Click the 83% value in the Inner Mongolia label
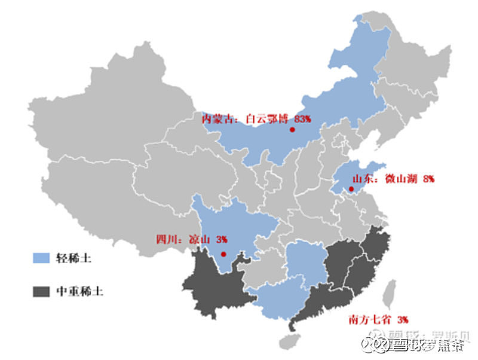[303, 119]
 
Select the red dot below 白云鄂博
[292, 130]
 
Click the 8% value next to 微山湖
[428, 179]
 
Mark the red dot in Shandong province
[351, 190]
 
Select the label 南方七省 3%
[378, 319]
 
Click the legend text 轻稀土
[73, 258]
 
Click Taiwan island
[388, 295]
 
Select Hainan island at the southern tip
[288, 342]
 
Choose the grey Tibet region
[102, 191]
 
